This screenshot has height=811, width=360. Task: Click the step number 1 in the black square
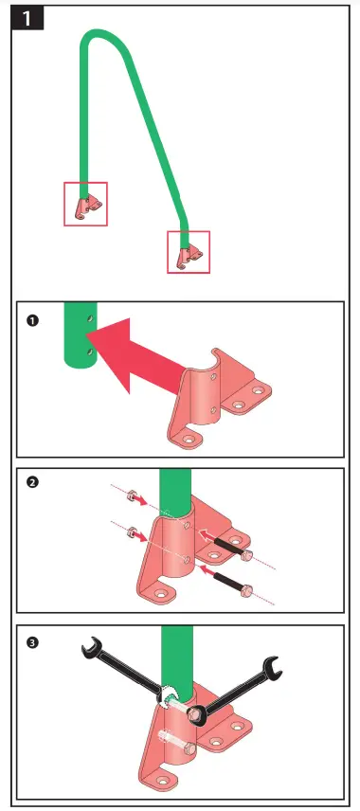(27, 19)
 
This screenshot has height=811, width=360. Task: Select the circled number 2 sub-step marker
(32, 482)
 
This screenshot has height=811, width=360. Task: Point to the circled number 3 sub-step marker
(32, 643)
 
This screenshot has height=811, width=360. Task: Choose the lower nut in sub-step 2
(132, 531)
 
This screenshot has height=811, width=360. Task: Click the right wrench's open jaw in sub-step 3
(272, 667)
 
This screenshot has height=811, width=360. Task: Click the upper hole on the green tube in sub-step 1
(91, 317)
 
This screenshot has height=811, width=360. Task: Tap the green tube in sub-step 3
(177, 658)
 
